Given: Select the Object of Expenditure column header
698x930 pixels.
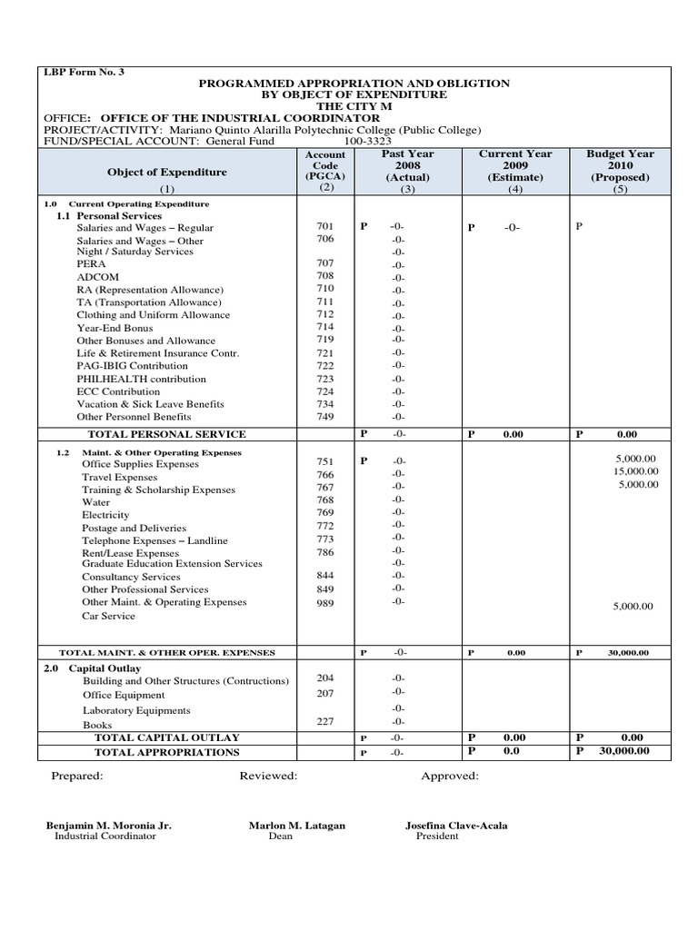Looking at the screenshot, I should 167,172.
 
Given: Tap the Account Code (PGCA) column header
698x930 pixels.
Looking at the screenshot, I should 325,171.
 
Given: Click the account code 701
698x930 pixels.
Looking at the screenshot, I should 325,225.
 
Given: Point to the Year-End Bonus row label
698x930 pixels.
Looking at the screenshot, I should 115,328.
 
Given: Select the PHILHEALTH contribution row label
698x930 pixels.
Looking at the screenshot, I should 128,379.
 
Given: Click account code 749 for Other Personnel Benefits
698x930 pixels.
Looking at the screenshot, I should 325,416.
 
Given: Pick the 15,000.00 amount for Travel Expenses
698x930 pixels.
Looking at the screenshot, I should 635,471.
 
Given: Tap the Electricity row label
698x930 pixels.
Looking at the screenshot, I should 105,515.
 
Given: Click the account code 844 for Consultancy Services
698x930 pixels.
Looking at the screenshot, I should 325,575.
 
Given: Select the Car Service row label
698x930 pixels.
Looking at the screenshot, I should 108,616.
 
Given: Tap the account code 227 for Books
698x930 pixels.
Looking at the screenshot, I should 325,722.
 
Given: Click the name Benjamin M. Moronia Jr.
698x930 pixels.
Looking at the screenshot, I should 109,826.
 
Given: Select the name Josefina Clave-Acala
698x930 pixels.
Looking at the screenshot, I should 456,826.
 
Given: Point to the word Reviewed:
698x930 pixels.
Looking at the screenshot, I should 268,777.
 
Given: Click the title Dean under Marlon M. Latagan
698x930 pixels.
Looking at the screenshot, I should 281,836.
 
